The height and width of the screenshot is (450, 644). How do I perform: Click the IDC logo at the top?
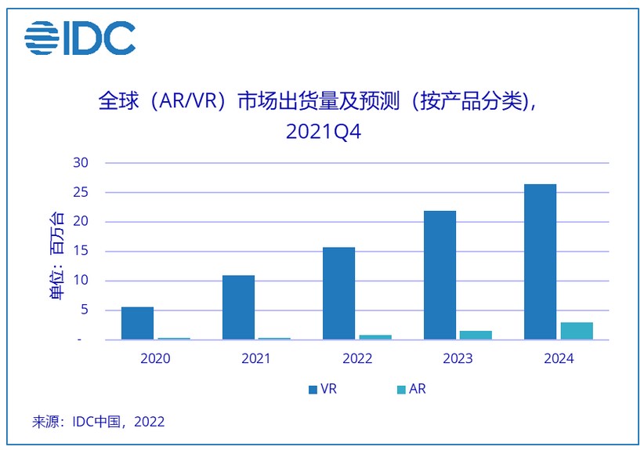(x=79, y=38)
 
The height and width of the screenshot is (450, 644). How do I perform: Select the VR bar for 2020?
(x=137, y=323)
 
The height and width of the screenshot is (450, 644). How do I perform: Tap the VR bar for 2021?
(x=238, y=307)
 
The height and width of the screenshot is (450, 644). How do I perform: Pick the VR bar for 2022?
(x=338, y=293)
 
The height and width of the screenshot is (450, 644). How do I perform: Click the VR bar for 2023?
(x=440, y=275)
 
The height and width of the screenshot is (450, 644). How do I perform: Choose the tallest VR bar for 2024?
(x=540, y=262)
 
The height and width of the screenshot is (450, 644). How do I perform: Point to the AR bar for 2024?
(x=577, y=331)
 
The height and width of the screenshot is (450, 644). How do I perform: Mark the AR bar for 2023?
(x=476, y=336)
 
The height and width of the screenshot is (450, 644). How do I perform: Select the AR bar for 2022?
(x=375, y=337)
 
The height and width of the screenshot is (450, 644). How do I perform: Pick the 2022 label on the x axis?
(x=356, y=358)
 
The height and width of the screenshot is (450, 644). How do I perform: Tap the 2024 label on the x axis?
(x=558, y=358)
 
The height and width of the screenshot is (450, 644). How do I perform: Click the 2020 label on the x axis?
(x=155, y=358)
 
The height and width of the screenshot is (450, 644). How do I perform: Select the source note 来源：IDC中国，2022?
(x=99, y=422)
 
